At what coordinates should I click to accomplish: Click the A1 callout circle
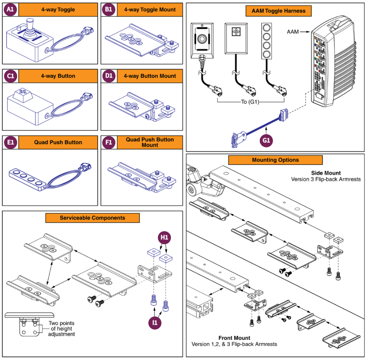[10, 10]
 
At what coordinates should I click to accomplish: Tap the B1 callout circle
[108, 10]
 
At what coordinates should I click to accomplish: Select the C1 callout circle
[10, 76]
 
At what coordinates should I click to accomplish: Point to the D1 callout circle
[108, 76]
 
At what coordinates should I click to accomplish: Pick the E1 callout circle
[10, 143]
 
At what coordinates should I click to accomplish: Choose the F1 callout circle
[108, 143]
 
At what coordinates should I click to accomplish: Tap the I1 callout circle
[154, 322]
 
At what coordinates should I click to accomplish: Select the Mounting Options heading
[275, 160]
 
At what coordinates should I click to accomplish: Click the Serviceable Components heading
[92, 218]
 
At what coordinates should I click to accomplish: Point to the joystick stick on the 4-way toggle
[30, 23]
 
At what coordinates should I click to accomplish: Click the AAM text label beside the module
[292, 31]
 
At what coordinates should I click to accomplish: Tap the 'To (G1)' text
[250, 102]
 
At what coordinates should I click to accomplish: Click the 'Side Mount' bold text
[325, 173]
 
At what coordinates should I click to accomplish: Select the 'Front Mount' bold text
[234, 338]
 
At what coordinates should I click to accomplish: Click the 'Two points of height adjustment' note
[61, 329]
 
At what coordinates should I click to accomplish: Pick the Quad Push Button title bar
[58, 143]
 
